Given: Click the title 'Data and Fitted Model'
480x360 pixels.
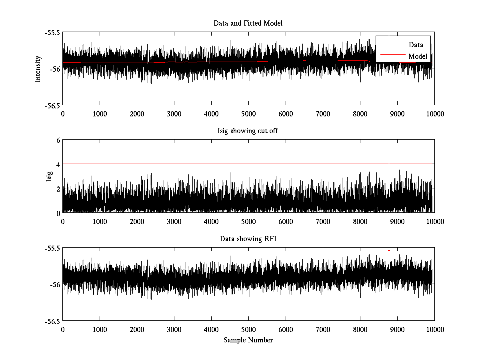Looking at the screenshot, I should click(248, 23).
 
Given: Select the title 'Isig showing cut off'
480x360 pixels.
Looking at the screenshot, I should click(248, 131).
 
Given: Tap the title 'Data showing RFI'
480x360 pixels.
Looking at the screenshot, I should click(248, 239).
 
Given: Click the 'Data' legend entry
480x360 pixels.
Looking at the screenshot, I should click(416, 45).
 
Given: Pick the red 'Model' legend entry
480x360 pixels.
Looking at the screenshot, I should click(418, 56).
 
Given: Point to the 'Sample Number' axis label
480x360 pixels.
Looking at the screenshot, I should click(248, 340).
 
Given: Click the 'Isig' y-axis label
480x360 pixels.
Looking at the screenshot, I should click(49, 176).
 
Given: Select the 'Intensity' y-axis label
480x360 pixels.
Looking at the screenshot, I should click(38, 68).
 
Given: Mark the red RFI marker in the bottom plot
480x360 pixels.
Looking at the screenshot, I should click(389, 250).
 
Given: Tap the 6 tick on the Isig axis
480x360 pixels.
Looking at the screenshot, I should click(58, 140).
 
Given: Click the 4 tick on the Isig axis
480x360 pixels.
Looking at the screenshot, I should click(58, 164).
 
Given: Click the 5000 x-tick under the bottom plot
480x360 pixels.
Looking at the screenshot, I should click(248, 329).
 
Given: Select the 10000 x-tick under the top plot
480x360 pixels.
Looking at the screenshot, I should click(434, 114).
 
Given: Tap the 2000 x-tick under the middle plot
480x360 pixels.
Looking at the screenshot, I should click(137, 222).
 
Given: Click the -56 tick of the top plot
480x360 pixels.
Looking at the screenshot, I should click(55, 69).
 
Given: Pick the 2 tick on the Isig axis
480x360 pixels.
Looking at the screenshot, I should click(58, 188).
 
